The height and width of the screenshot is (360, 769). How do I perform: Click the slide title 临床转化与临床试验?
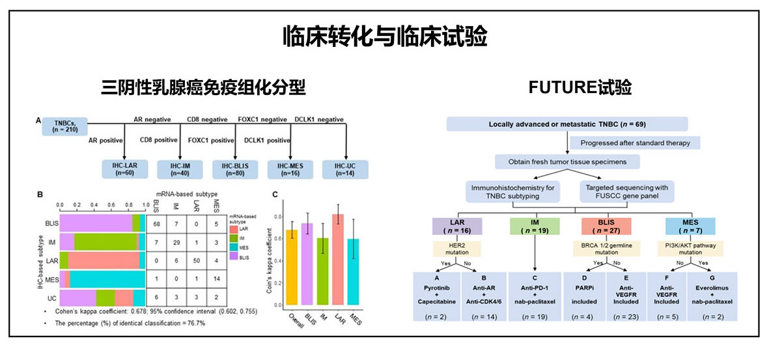pos(384,36)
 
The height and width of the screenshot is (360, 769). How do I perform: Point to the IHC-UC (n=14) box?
pos(344,169)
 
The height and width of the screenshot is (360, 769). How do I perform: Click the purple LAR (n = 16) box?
pos(457,226)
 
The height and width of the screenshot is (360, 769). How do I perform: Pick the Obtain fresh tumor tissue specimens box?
pos(567,161)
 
